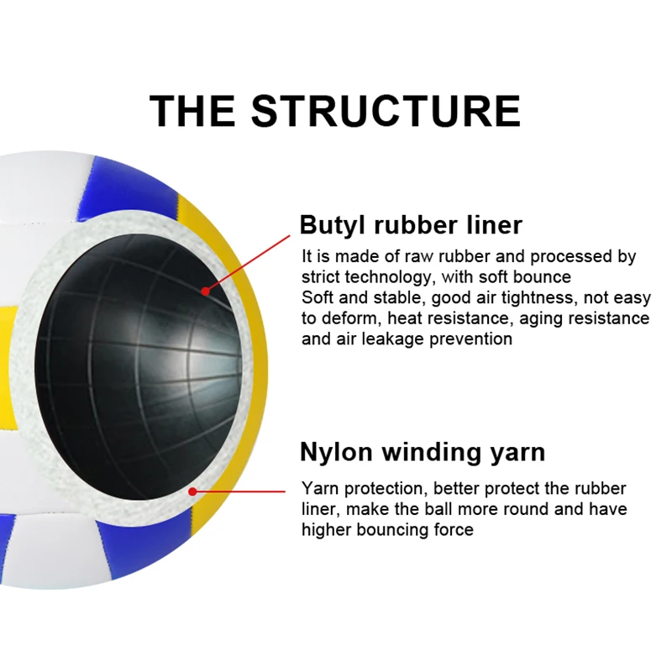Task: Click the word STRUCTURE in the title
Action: pos(386,111)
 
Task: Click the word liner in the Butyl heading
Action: pos(492,225)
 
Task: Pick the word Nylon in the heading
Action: pos(336,452)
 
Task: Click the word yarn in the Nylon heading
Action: pos(517,452)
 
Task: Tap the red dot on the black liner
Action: pos(205,291)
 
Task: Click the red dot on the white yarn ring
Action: pos(193,491)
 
